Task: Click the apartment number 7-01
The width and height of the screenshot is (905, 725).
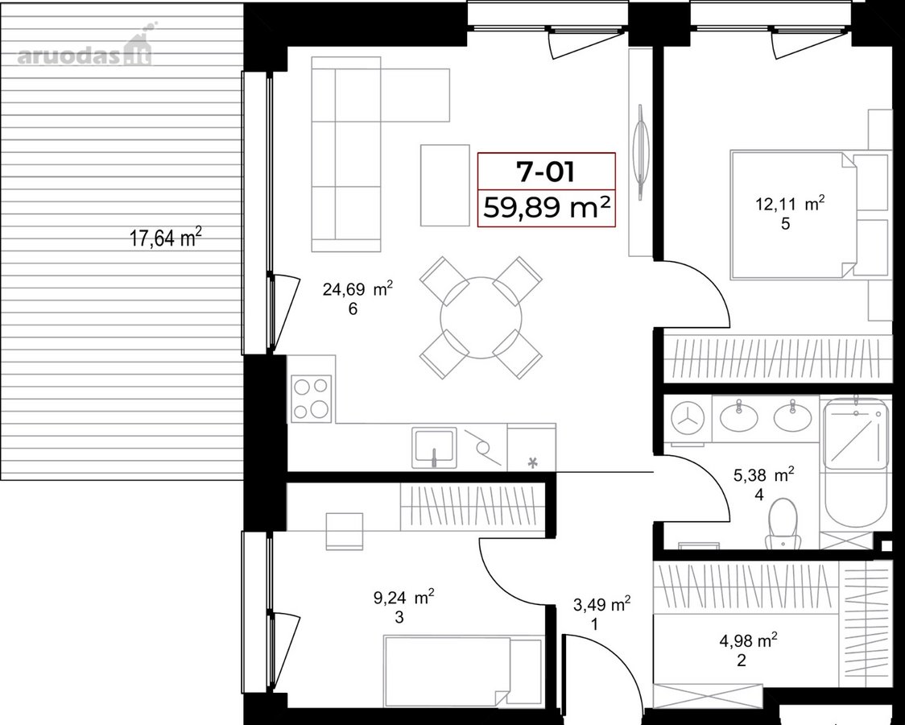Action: point(545,171)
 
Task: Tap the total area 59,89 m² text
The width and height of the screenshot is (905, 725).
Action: point(547,207)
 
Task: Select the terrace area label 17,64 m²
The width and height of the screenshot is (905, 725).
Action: point(166,237)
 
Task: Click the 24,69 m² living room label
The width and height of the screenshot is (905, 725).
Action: point(357,288)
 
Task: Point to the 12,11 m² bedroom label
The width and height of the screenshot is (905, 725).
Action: point(790,204)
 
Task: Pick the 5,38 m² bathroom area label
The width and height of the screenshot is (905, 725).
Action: point(763,475)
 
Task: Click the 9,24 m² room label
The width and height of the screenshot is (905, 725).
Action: point(404,598)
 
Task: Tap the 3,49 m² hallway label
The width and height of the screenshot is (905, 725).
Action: point(601,604)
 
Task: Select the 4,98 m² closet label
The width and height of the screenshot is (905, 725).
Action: point(748,640)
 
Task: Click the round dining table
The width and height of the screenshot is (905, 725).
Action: point(481,317)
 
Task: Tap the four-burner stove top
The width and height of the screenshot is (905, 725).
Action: point(311,397)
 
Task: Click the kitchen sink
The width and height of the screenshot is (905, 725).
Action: point(434,447)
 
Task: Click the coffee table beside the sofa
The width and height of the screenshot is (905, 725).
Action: point(445,185)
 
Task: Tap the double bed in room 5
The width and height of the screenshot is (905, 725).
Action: point(792,215)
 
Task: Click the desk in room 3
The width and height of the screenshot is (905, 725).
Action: point(345,531)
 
